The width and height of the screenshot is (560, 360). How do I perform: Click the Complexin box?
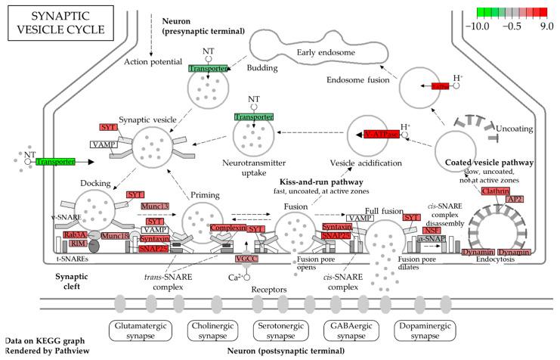point(227,227)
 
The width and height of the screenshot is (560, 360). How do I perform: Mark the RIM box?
point(58,244)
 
